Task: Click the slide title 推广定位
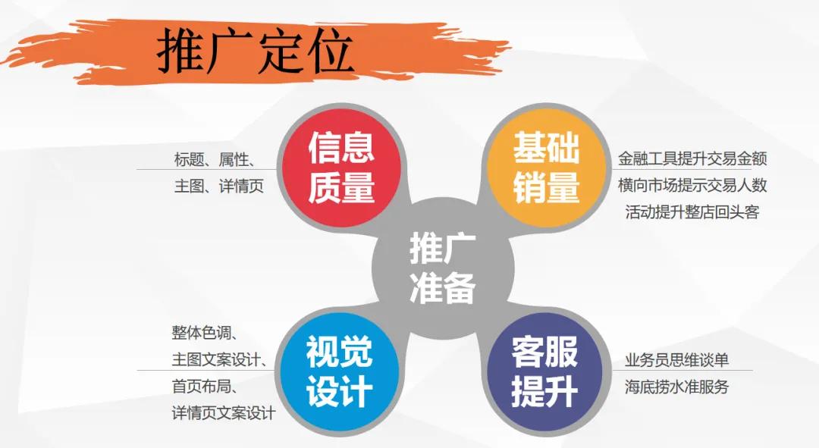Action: [x=255, y=52]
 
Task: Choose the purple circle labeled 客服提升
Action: [x=544, y=373]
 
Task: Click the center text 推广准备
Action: [x=443, y=268]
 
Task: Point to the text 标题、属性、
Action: [x=215, y=159]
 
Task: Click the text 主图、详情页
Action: [x=219, y=186]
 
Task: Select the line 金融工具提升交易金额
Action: [x=692, y=159]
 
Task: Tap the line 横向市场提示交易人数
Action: [x=692, y=185]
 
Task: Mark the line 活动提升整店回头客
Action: [x=692, y=211]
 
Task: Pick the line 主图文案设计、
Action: [x=219, y=359]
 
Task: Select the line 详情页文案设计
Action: [x=224, y=413]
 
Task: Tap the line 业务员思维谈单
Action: [x=676, y=360]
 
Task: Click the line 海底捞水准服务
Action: [x=676, y=387]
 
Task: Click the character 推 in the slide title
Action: [x=180, y=52]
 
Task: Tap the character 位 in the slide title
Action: [x=330, y=52]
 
